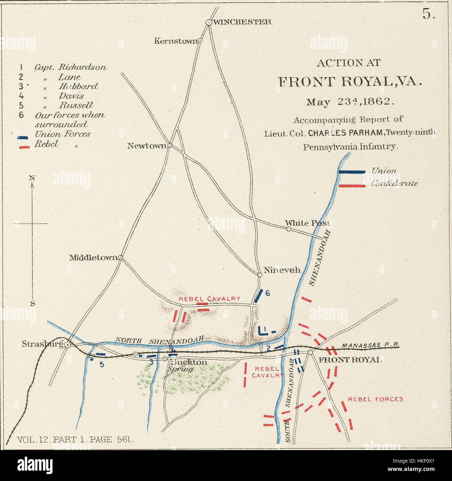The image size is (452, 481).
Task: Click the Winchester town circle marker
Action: [209, 22]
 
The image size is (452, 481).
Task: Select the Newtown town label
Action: [147, 146]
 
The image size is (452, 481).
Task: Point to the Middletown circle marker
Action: [121, 257]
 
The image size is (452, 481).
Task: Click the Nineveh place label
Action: [282, 270]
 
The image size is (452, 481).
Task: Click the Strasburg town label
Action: [42, 344]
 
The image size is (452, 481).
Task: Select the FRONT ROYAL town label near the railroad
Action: [350, 360]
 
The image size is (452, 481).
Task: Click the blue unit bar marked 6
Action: [258, 296]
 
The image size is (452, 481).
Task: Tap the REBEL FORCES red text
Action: [376, 399]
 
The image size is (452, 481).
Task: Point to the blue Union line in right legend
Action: [352, 172]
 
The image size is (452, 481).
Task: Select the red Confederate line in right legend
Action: [352, 186]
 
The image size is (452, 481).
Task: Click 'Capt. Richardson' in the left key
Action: [70, 67]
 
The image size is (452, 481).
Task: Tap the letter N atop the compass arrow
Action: [32, 178]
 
